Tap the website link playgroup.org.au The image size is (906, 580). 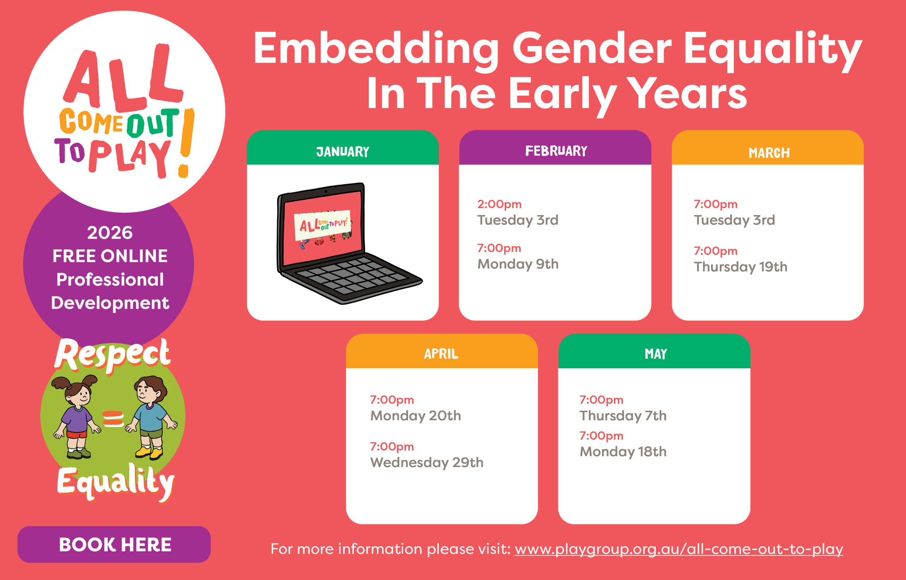679,549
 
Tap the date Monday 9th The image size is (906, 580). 518,265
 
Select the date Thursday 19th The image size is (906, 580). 740,267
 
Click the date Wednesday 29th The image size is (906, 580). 427,462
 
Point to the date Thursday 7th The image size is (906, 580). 623,416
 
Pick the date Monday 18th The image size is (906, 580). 623,451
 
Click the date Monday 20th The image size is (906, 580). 415,416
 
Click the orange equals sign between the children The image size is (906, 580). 113,419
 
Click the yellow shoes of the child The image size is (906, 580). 149,452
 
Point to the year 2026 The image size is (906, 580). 110,233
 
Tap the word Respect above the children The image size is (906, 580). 112,355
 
